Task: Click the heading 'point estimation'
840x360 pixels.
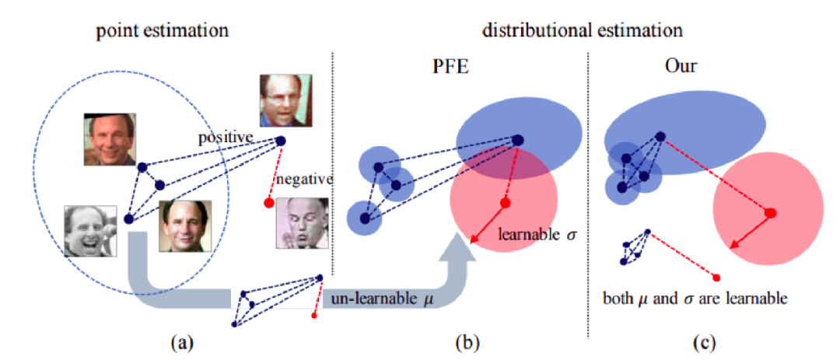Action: click(x=163, y=30)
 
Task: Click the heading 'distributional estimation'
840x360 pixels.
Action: click(x=582, y=30)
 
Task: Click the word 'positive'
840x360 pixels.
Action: click(x=226, y=138)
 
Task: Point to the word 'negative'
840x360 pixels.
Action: click(x=305, y=178)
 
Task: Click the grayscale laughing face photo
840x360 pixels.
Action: click(x=90, y=230)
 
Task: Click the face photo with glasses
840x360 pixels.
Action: click(x=285, y=100)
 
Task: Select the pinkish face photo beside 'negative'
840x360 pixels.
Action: click(x=303, y=223)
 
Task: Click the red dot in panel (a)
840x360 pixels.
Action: click(x=269, y=203)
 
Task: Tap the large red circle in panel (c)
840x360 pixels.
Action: click(x=768, y=211)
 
